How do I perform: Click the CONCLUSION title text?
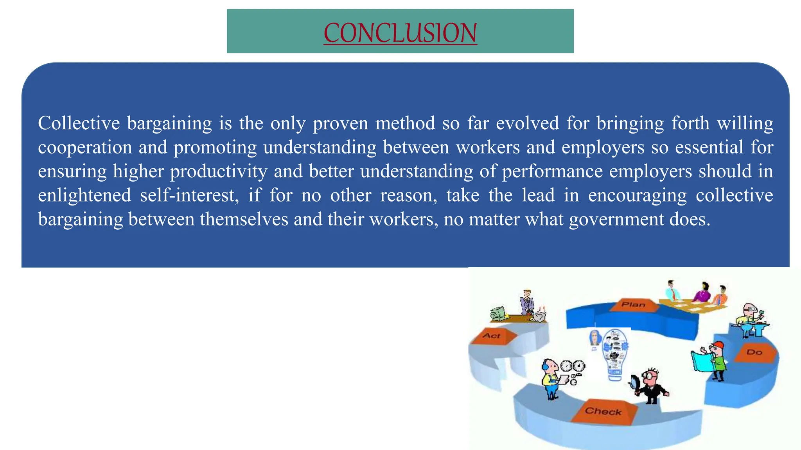[400, 33]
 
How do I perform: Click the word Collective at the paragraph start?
[79, 123]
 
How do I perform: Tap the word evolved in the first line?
[527, 123]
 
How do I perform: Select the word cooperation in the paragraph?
[85, 148]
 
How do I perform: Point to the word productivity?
[219, 171]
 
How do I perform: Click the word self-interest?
[189, 195]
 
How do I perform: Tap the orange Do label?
[754, 352]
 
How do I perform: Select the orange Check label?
[603, 411]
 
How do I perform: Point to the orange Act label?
[492, 336]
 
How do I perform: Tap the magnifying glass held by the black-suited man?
[635, 381]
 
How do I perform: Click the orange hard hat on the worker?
[718, 346]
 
